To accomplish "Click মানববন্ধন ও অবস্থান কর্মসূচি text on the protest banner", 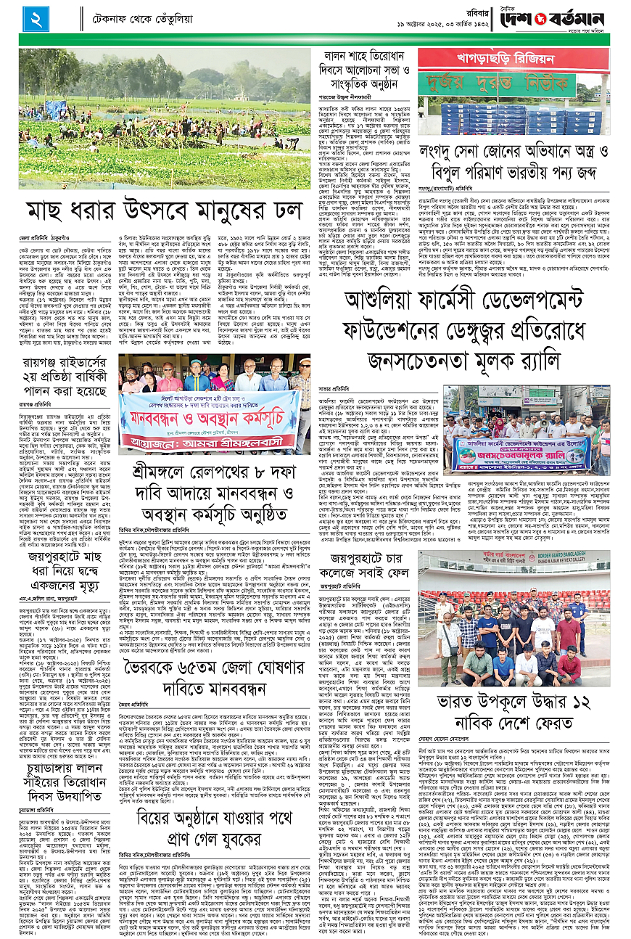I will pos(211,418).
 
